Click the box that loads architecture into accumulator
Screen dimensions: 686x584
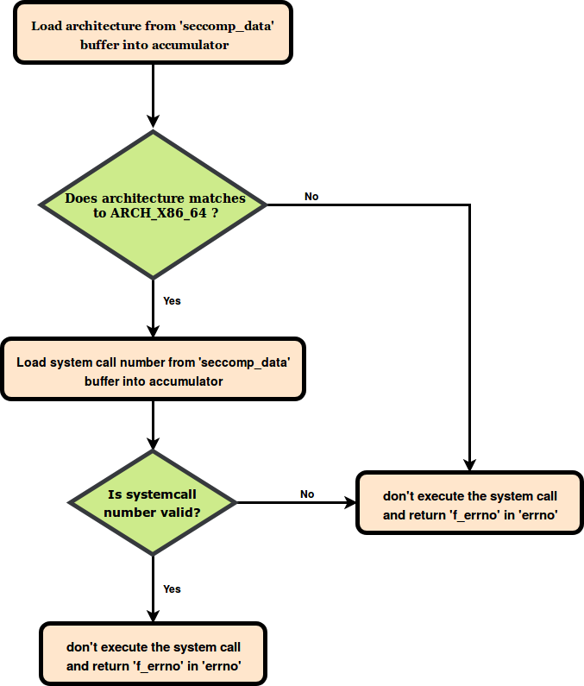pos(153,35)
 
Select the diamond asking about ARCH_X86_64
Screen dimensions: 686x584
pos(154,205)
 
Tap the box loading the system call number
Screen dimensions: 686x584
pos(154,369)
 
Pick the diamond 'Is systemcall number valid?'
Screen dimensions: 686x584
pos(153,502)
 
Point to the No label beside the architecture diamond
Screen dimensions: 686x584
pos(311,197)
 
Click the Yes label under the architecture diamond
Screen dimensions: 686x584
pos(172,301)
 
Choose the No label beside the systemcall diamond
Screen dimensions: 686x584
pos(307,494)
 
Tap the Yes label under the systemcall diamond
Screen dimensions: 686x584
pos(172,588)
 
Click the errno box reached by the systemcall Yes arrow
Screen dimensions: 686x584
pos(154,655)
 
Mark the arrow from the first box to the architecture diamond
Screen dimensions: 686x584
pos(153,95)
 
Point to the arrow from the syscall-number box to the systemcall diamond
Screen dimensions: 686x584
pos(153,425)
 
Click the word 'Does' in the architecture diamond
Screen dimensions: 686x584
pos(82,198)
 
